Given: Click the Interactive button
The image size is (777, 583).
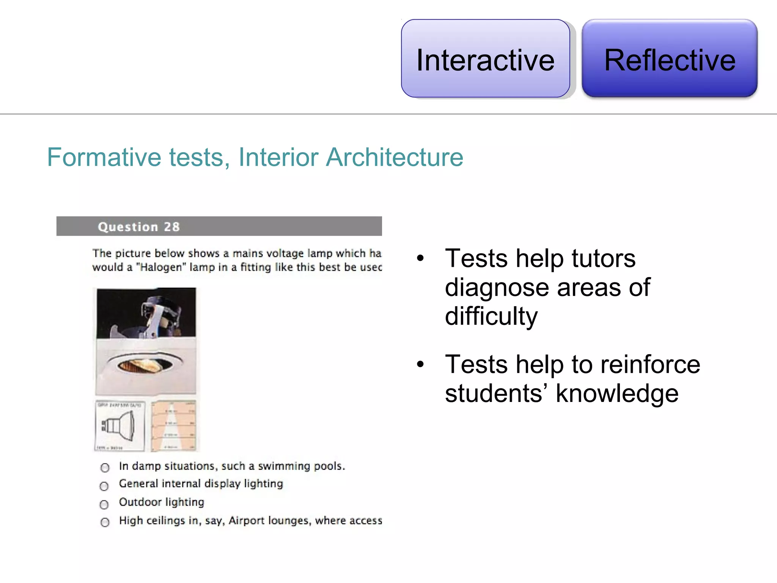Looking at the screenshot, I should (x=485, y=59).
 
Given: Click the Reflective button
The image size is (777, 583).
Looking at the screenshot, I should (x=669, y=59).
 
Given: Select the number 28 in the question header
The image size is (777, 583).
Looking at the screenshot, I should (x=172, y=227).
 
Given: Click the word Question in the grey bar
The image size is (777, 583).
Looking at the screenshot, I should (x=128, y=227).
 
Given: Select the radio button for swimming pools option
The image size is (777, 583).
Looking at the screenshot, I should (x=105, y=468).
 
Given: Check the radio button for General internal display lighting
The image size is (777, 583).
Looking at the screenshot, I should (x=104, y=486).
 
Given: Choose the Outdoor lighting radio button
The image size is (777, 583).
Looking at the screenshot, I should (x=104, y=504).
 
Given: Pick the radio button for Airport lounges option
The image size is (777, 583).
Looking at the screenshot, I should (x=105, y=522).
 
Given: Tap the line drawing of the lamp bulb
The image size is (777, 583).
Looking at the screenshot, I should (x=120, y=426).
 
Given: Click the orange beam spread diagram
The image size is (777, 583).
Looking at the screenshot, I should (x=173, y=426).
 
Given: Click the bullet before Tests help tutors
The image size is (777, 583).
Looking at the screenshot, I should (x=420, y=259).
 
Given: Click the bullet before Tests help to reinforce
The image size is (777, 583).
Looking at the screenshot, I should (x=420, y=365).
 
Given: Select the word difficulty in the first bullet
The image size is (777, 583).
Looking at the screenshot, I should (x=491, y=317).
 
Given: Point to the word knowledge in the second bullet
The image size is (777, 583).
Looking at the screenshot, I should (x=617, y=394).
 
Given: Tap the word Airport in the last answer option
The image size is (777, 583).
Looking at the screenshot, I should (x=247, y=520).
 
